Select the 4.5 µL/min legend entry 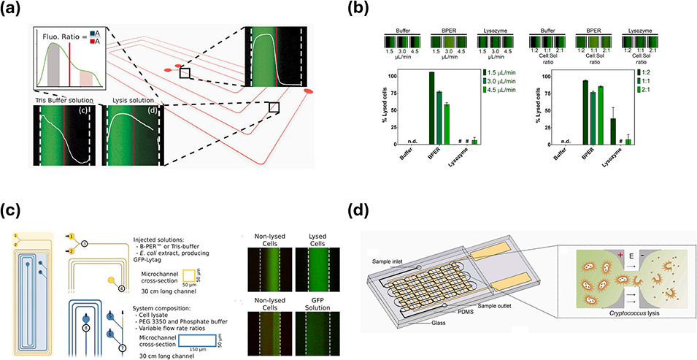(x=515, y=90)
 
